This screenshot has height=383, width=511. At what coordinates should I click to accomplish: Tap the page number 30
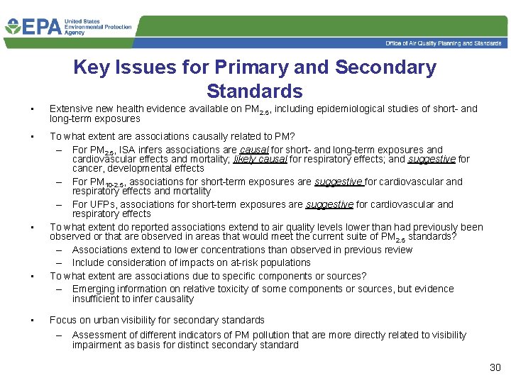coord(495,367)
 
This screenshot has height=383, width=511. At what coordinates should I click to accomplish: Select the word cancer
coord(86,169)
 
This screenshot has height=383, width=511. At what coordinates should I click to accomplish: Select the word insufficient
coord(97,299)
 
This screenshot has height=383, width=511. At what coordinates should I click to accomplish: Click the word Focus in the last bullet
coord(62,320)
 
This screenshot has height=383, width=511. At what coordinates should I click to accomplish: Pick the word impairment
coord(97,345)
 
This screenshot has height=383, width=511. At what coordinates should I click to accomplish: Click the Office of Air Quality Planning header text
coord(444,44)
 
